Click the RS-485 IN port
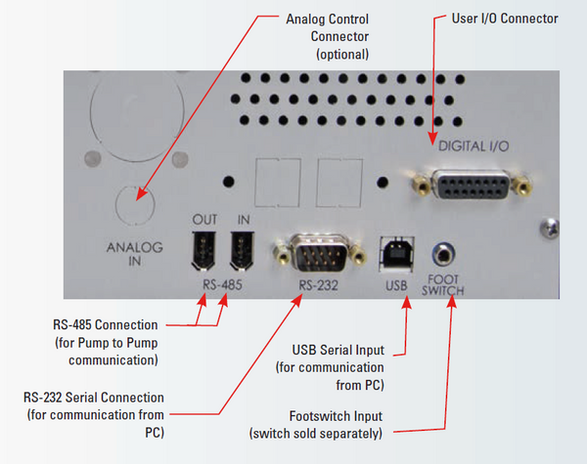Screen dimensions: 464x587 pyautogui.click(x=238, y=252)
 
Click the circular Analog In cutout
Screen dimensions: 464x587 pyautogui.click(x=135, y=204)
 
